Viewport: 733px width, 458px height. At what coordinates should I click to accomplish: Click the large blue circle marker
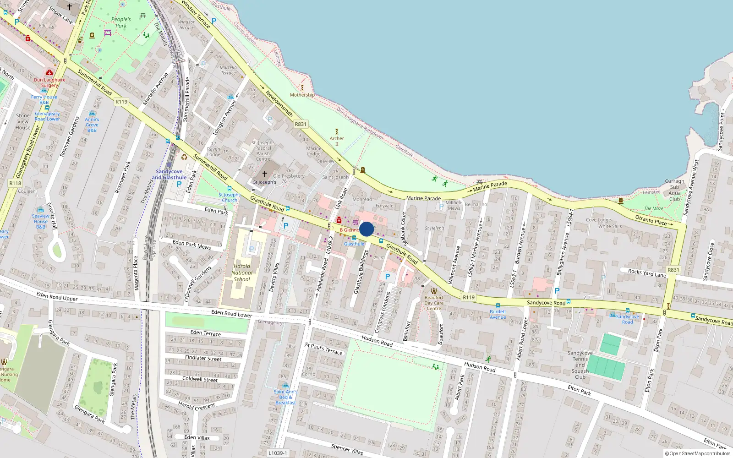(366, 229)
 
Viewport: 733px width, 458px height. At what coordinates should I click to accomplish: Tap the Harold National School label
(242, 273)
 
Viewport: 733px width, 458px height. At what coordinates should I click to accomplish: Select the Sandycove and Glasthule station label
(169, 174)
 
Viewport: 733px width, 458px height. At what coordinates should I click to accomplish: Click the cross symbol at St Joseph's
(264, 174)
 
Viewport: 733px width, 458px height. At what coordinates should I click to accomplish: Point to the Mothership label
(302, 95)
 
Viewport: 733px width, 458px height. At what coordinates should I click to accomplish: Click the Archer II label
(337, 141)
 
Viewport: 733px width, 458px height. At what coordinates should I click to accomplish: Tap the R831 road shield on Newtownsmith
(301, 124)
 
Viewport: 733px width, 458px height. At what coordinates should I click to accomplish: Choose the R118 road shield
(15, 183)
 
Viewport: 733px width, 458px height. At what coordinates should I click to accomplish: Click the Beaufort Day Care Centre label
(433, 303)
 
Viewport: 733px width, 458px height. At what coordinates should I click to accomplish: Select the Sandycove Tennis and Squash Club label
(580, 365)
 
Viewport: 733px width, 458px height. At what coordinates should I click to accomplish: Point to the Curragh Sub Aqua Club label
(674, 190)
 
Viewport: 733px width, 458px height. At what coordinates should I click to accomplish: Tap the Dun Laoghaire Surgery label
(49, 82)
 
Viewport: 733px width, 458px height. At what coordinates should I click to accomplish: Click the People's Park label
(121, 22)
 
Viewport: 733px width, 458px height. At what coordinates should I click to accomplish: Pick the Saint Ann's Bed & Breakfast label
(285, 397)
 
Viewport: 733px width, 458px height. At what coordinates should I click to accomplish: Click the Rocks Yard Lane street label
(647, 273)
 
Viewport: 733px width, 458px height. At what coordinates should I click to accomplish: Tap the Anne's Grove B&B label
(92, 125)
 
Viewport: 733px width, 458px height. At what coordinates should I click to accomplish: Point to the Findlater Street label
(203, 358)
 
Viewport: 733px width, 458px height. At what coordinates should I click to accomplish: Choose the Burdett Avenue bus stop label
(498, 314)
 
